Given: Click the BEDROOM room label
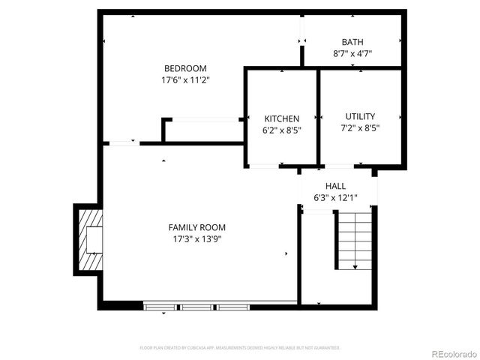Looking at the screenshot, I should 185,68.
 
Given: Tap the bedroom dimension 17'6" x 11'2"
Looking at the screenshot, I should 185,79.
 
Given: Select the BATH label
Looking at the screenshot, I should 352,42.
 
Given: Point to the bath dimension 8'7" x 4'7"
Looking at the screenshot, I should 352,53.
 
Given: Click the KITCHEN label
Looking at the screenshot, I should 281,118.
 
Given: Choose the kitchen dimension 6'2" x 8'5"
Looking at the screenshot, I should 281,130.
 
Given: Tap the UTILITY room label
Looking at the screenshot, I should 360,116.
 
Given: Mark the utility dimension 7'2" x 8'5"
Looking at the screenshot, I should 360,128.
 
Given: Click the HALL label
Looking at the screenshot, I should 335,186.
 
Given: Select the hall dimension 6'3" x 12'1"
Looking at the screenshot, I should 335,198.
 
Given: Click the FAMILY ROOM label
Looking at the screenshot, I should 196,227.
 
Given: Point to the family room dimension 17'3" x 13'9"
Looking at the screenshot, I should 196,239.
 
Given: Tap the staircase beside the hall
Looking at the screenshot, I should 354,240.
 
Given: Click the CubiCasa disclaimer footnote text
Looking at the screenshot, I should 240,348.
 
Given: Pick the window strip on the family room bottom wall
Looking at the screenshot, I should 199,306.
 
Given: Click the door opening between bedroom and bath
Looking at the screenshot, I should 302,29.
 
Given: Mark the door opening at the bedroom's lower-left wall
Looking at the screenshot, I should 124,142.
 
